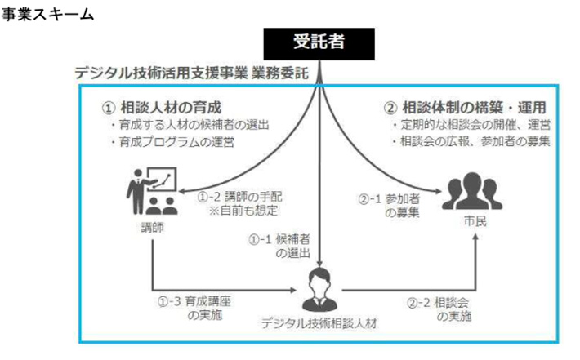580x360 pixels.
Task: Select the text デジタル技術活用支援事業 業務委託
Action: (x=191, y=73)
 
